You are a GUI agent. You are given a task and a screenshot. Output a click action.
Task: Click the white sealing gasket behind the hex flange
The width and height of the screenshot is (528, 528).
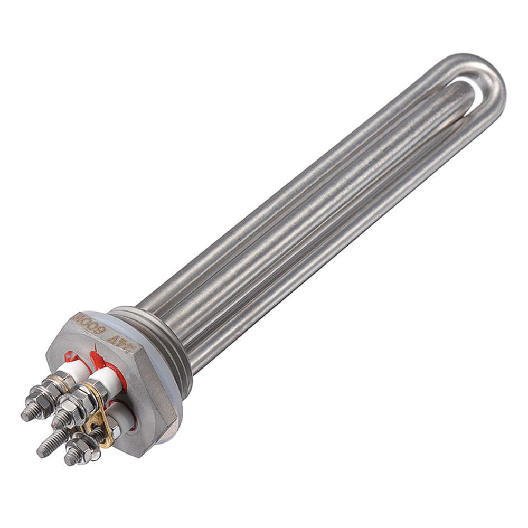[x=168, y=391]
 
